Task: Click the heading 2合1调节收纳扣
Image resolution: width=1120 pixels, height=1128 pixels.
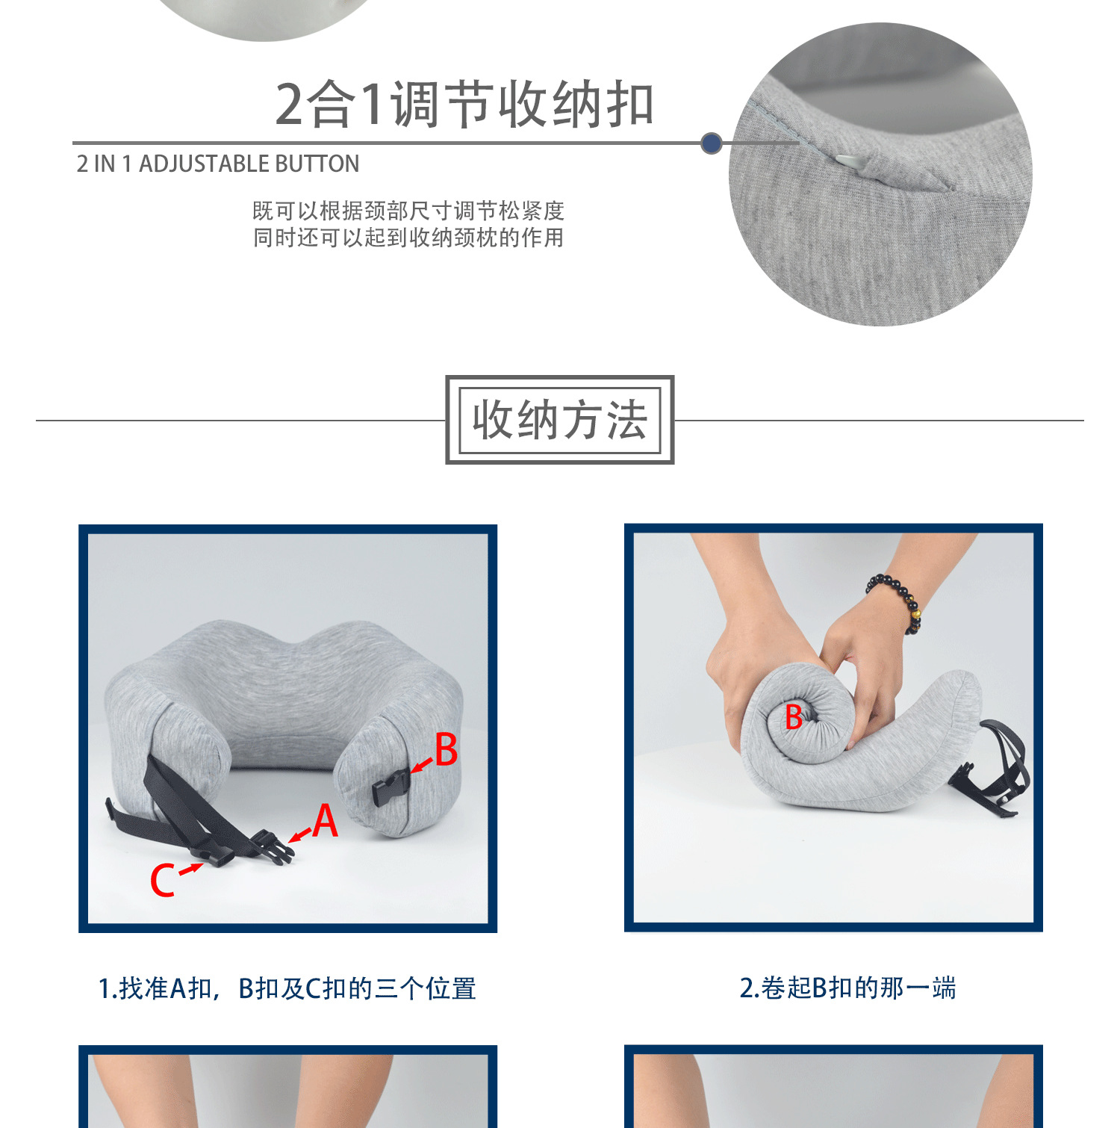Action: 464,105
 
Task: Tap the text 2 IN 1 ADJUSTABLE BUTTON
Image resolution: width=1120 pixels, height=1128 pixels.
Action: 218,164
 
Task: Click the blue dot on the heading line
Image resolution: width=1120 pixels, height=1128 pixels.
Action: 712,143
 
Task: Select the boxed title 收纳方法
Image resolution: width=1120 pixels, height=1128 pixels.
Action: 560,420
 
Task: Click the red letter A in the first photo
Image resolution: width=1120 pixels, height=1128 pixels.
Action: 326,821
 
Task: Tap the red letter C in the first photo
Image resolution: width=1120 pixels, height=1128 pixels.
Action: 163,879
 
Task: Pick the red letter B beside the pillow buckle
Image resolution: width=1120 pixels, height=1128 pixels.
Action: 446,749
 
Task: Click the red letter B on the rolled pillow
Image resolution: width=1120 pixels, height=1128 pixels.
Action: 794,717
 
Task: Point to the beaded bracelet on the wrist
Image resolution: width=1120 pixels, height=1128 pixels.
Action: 896,598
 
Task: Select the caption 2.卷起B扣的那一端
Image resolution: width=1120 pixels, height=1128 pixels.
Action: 847,988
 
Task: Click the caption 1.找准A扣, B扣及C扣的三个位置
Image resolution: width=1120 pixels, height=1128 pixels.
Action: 287,988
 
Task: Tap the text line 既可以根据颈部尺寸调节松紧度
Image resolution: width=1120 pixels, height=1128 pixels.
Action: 408,211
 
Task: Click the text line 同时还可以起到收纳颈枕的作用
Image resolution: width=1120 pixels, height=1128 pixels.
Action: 408,238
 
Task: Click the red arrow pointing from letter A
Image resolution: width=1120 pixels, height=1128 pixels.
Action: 300,834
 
